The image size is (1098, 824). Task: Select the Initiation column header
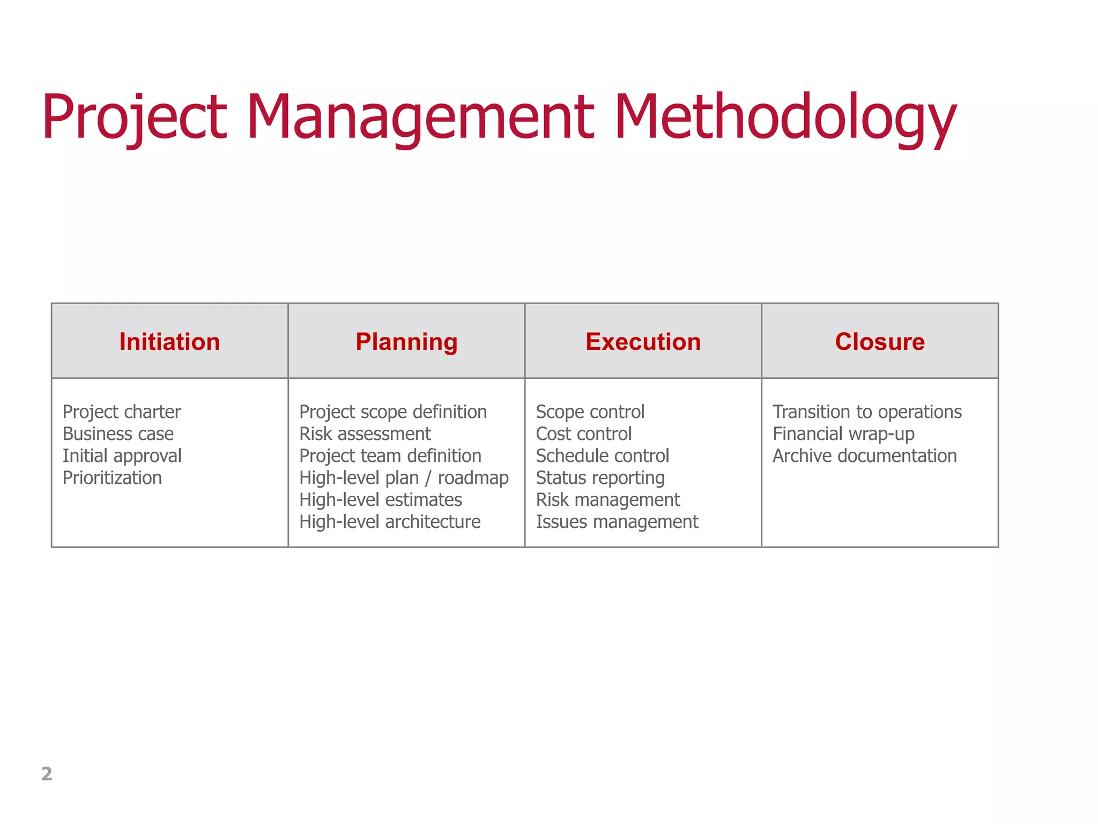tap(169, 342)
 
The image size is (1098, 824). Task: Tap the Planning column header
tap(406, 342)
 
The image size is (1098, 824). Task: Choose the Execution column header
tap(643, 342)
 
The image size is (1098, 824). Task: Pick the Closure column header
tap(879, 342)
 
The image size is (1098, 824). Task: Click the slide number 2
tap(47, 774)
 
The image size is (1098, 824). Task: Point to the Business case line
tap(118, 433)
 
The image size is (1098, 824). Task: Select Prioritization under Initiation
tap(112, 477)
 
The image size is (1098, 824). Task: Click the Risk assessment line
tap(365, 433)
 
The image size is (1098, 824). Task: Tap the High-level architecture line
tap(390, 521)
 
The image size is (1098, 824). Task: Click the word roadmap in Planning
tap(473, 477)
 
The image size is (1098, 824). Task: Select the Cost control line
tap(583, 433)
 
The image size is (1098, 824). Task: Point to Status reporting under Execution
tap(600, 477)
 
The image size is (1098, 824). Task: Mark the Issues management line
tap(617, 521)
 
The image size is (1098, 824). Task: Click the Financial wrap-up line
tap(843, 433)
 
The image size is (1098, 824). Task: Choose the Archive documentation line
tap(864, 455)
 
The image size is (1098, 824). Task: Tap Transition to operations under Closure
tap(867, 411)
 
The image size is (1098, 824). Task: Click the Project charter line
tap(122, 411)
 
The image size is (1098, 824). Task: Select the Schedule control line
tap(602, 455)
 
